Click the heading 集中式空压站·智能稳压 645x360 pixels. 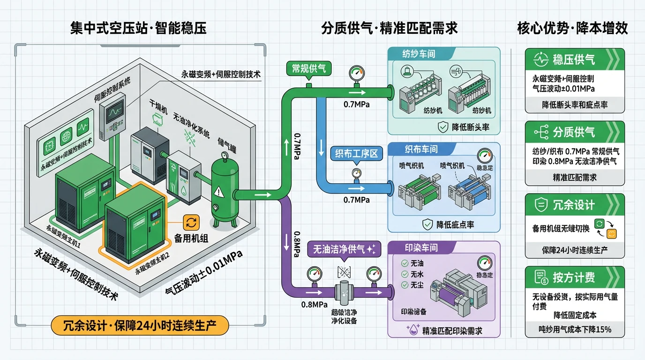point(138,28)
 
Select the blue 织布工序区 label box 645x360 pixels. point(356,153)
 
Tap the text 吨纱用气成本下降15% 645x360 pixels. point(575,329)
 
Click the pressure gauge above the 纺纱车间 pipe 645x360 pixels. point(357,74)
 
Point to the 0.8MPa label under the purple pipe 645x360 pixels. point(314,305)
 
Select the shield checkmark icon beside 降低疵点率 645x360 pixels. point(427,225)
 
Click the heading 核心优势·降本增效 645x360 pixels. point(572,28)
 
